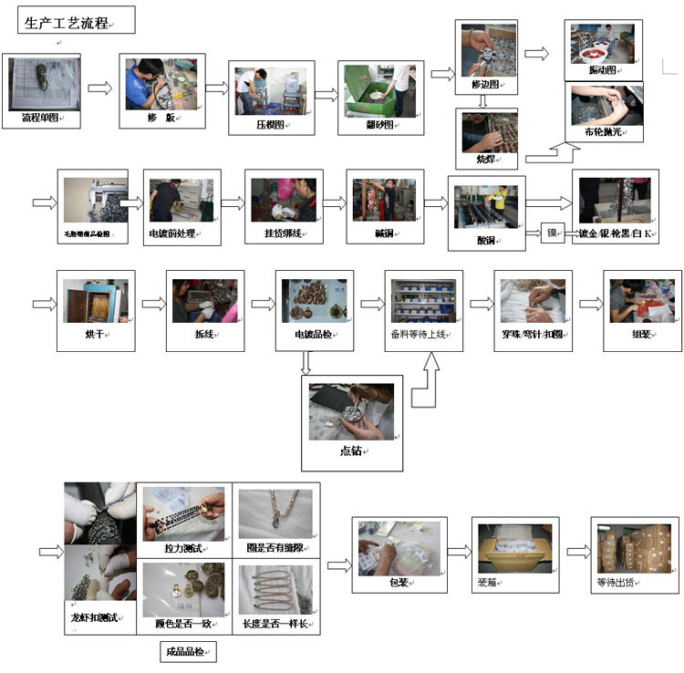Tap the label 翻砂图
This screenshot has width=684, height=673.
click(376, 126)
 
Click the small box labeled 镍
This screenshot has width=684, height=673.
click(552, 233)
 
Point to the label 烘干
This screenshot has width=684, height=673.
click(96, 334)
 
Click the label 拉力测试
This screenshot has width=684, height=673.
click(182, 547)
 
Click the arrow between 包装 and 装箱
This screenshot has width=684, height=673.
click(460, 552)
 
